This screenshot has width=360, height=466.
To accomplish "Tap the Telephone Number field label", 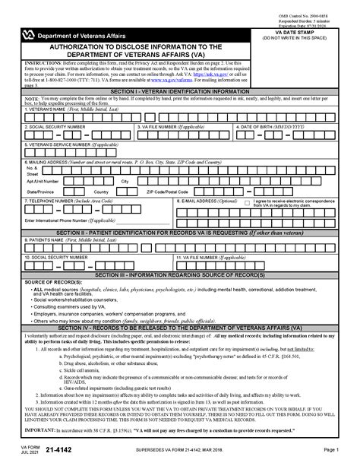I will pos(69,201).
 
